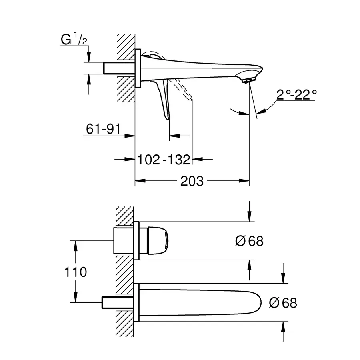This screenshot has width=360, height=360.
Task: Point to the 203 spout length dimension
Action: (x=192, y=181)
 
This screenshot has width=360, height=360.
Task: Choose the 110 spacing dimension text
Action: (x=75, y=272)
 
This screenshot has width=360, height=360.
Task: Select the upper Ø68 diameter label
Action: (x=249, y=241)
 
